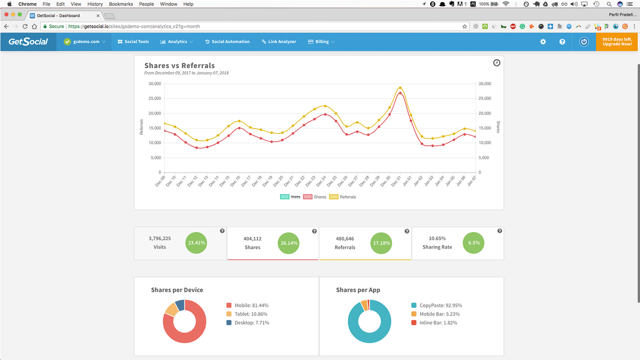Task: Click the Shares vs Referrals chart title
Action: click(x=179, y=65)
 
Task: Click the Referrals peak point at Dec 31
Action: click(x=400, y=87)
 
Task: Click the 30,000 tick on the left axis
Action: click(x=154, y=83)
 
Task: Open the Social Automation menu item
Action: click(x=227, y=42)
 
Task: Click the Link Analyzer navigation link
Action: click(x=279, y=42)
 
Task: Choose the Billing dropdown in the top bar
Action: click(x=321, y=42)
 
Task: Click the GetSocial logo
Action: click(x=28, y=41)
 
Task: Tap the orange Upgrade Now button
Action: click(x=617, y=41)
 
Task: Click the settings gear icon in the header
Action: click(x=543, y=42)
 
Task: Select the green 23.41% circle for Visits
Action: click(x=196, y=243)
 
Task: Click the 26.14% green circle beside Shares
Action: click(x=288, y=243)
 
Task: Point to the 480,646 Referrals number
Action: click(x=344, y=239)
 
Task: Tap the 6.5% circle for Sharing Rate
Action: click(x=473, y=243)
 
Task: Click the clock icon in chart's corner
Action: click(x=496, y=63)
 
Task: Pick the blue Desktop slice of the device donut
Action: click(x=180, y=304)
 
